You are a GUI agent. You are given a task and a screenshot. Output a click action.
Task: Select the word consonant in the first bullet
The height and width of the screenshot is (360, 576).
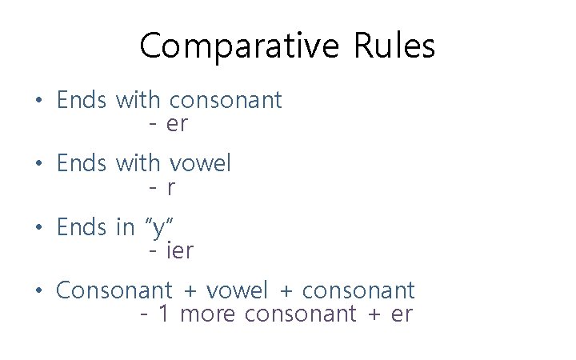(x=226, y=100)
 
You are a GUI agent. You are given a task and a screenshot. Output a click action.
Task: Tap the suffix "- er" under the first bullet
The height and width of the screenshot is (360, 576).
(x=168, y=125)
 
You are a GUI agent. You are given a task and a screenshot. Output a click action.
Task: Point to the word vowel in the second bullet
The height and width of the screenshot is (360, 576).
(x=200, y=163)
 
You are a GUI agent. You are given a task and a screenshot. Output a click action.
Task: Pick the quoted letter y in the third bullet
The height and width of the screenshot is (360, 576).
(x=160, y=227)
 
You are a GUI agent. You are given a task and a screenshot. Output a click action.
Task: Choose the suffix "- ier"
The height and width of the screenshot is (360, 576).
(x=171, y=251)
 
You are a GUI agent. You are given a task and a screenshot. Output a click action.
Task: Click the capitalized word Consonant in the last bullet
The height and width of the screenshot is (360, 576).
(x=114, y=290)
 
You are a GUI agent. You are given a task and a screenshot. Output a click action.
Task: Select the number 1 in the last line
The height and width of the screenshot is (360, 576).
(x=164, y=314)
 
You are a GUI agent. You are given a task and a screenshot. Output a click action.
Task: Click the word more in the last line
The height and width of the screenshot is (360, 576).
(x=209, y=314)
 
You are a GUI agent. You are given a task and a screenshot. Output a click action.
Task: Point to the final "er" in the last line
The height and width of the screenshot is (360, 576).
(x=402, y=314)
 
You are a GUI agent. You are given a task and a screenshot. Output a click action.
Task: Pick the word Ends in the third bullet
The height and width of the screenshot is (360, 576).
(x=82, y=227)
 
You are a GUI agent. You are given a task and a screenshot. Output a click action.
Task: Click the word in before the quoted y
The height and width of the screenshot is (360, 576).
(x=126, y=227)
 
